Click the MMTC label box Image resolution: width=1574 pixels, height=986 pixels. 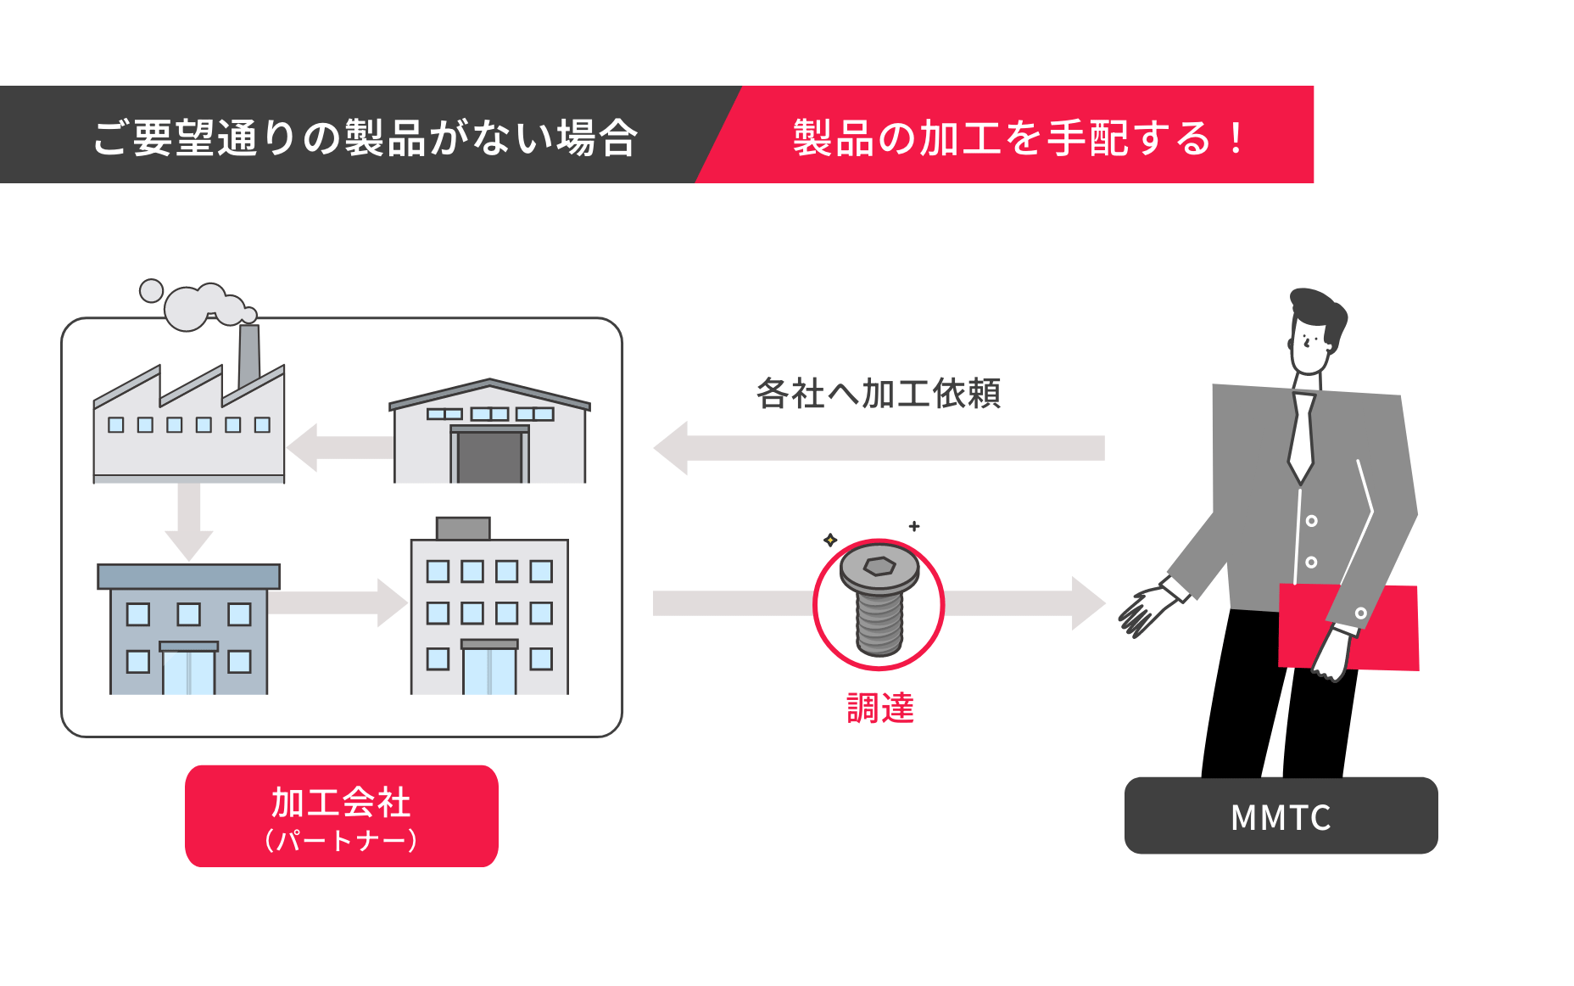click(1281, 816)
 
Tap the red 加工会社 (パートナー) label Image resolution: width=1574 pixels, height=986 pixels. click(341, 816)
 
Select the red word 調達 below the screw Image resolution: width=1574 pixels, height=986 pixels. click(880, 709)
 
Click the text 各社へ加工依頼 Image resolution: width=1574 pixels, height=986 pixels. click(878, 394)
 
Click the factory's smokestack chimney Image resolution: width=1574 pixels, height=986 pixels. click(248, 355)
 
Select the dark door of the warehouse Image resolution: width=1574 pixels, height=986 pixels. click(489, 457)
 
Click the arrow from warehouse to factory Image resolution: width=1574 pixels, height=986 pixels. click(339, 447)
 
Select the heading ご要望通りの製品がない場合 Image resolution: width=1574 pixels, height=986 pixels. click(365, 137)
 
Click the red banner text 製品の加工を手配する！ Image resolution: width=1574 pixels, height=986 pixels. click(1018, 137)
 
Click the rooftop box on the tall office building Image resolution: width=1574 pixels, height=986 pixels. click(463, 528)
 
